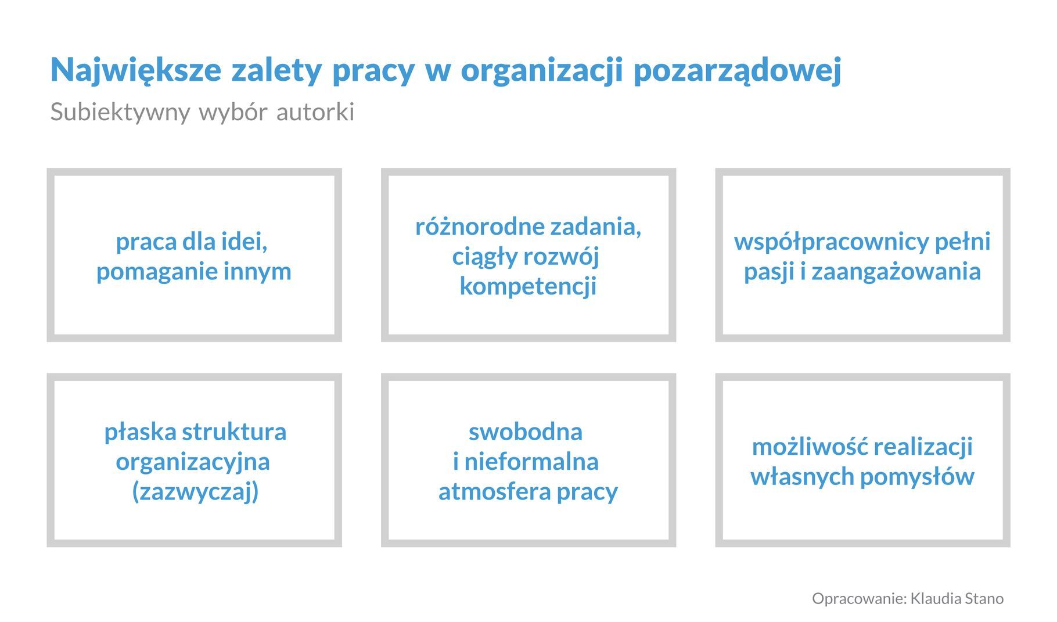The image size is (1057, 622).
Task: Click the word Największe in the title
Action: (136, 70)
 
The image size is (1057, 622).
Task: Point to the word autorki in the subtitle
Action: (315, 112)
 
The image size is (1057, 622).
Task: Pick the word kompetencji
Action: (528, 287)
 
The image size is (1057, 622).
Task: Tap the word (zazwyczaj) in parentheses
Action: (195, 492)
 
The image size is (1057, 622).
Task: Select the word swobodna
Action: (526, 432)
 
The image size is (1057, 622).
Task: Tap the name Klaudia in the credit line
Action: (935, 599)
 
